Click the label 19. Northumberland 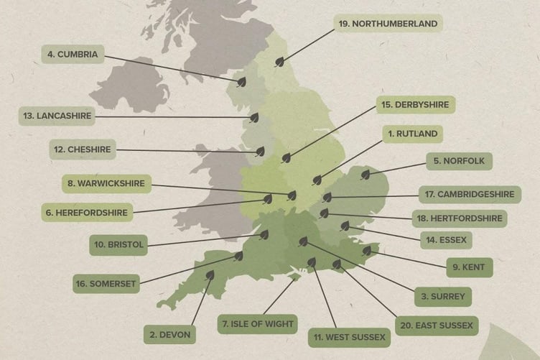click(388, 24)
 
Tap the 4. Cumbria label click(73, 54)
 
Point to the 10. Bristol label click(119, 245)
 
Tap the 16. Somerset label click(106, 283)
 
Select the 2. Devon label click(169, 333)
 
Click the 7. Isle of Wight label click(257, 324)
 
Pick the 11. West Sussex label click(349, 336)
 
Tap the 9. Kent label click(468, 267)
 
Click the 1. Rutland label click(411, 134)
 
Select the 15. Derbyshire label click(415, 105)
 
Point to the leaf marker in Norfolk click(365, 174)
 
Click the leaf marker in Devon click(210, 274)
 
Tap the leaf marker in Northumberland click(279, 63)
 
